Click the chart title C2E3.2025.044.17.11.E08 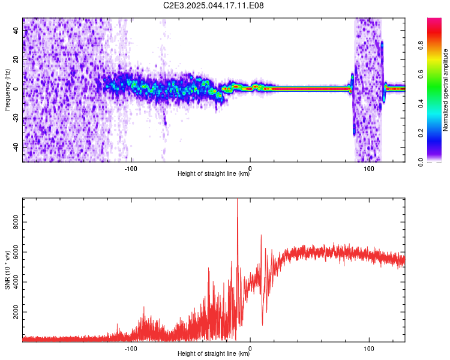(213, 5)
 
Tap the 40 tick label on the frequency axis (16, 31)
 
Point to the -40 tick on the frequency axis (16, 147)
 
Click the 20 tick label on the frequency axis (16, 60)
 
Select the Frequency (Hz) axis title (7, 90)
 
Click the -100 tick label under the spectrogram (131, 169)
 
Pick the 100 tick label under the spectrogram (369, 169)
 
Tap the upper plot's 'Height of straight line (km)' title (214, 173)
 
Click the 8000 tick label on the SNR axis (16, 222)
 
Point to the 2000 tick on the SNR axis (16, 312)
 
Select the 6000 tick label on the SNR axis (16, 252)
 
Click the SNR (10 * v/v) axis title (7, 270)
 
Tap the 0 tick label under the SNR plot (250, 349)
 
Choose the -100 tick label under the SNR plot (131, 349)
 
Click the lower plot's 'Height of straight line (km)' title (214, 353)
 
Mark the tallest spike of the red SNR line (237, 199)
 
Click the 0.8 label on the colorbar (421, 46)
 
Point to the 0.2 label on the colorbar (421, 133)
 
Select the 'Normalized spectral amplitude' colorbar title (445, 90)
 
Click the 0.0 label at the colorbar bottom (421, 162)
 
